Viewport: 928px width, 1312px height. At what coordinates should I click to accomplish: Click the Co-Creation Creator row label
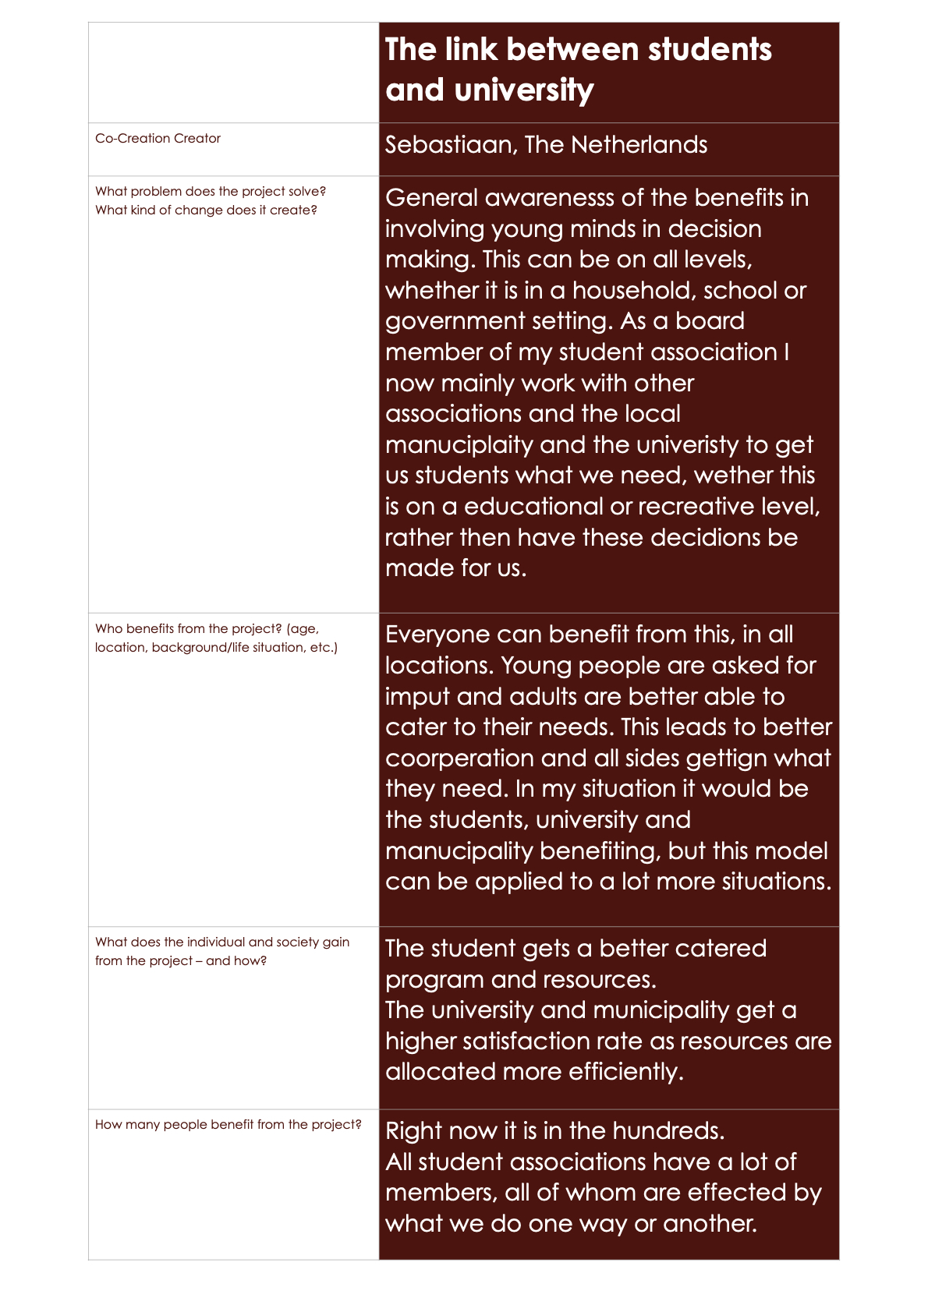[158, 139]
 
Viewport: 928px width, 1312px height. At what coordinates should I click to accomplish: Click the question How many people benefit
[228, 1125]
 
